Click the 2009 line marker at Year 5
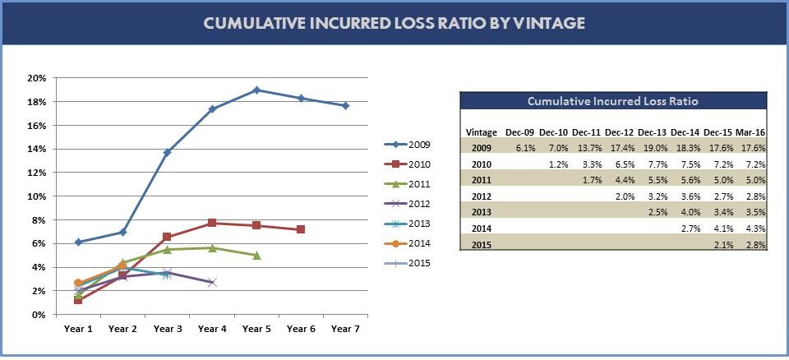pos(256,90)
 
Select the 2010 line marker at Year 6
pos(302,229)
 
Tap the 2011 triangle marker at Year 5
pos(256,256)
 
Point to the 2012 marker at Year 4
pos(212,282)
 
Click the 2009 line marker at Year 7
pos(346,105)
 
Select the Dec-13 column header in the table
pos(652,132)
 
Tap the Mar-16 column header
pos(750,132)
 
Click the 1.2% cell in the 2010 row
pos(558,164)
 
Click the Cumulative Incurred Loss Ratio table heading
pos(612,102)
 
